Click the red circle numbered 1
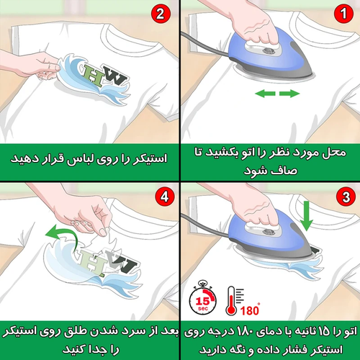point(343,14)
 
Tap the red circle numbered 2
point(161,14)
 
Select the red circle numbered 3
point(346,197)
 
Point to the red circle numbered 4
point(165,197)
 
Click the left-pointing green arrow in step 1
point(265,94)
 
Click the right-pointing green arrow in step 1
point(289,94)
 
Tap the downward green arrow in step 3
point(307,216)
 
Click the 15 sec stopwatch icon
point(203,298)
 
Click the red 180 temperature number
point(250,310)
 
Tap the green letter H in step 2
point(94,75)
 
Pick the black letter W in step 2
point(113,76)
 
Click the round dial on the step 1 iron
point(269,51)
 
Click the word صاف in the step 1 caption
point(285,171)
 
